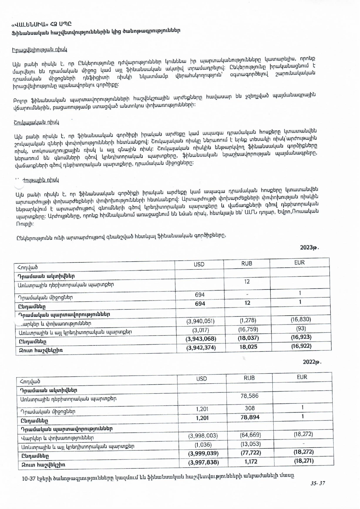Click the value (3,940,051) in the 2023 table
200,321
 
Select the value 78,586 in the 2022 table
249,396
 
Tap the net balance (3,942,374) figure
201,347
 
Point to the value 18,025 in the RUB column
248,347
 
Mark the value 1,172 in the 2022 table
251,461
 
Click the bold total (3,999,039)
203,453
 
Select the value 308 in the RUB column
250,408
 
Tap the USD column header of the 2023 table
199,264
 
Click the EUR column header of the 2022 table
302,377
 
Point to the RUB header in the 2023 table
247,263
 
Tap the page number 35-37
318,483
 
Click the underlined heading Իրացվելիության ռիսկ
39,50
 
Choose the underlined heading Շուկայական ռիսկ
36,122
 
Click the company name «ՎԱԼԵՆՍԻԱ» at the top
29,24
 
